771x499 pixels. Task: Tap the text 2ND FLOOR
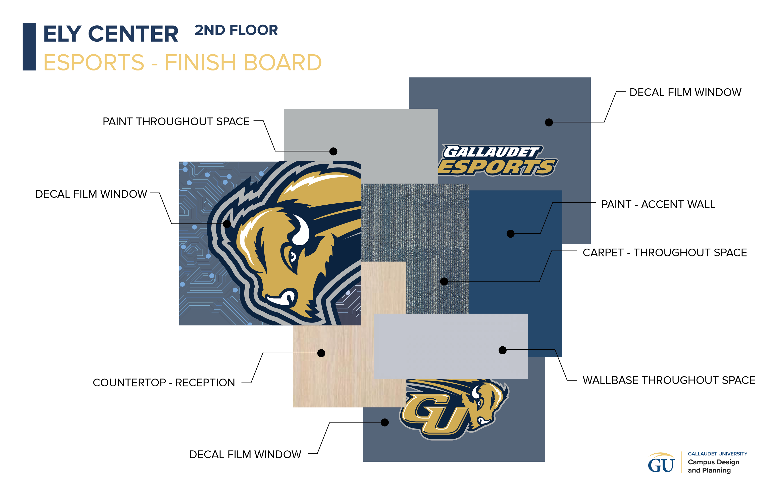(236, 31)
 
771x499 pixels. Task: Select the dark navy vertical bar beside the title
(29, 47)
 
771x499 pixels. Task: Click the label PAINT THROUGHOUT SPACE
(176, 121)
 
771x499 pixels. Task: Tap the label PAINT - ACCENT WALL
(658, 204)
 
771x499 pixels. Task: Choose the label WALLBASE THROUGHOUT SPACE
(669, 380)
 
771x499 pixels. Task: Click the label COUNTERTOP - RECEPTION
(164, 383)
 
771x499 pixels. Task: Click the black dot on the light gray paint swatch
(333, 151)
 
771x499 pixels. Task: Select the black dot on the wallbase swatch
(502, 350)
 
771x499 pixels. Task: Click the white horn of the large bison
(301, 231)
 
